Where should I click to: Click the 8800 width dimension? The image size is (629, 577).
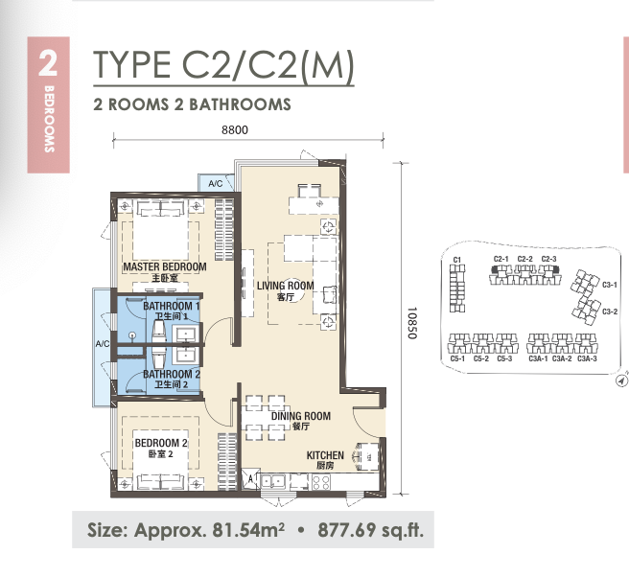tap(235, 130)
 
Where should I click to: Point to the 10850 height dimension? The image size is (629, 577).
tap(412, 323)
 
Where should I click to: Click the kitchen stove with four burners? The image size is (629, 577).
tap(321, 481)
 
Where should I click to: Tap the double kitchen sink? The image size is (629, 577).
tap(272, 481)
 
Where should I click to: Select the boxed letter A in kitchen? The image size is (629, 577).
tap(250, 478)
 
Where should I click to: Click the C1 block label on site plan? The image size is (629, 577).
tap(457, 260)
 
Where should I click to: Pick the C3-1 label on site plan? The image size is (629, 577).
tap(610, 285)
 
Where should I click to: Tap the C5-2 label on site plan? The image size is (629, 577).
tap(481, 358)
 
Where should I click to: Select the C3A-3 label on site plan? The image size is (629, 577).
tap(587, 358)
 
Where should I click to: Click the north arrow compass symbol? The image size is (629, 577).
tap(621, 381)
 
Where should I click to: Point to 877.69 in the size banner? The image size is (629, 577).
tap(346, 530)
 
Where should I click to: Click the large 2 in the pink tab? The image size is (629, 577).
tap(48, 63)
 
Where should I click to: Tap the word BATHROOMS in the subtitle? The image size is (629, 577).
tap(240, 104)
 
